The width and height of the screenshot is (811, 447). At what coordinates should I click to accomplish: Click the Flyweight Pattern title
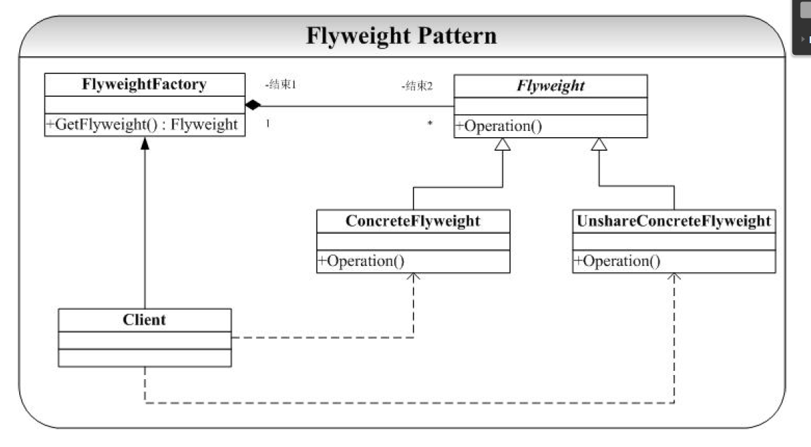point(401,36)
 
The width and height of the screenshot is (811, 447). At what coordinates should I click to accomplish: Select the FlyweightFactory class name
point(145,85)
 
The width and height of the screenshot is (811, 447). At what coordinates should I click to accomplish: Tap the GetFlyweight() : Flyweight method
point(142,125)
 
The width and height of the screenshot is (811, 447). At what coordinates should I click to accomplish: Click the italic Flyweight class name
point(551,86)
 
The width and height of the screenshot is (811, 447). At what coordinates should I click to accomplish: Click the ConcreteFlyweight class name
point(413,221)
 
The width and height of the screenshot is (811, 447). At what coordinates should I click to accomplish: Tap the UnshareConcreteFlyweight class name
point(674,221)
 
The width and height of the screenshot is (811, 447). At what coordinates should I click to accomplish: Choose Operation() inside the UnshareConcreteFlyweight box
point(617,261)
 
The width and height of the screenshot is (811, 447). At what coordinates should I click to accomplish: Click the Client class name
point(145,319)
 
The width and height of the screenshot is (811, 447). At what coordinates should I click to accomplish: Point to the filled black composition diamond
point(254,106)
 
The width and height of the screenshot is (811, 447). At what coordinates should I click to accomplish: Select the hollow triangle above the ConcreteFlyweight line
point(503,144)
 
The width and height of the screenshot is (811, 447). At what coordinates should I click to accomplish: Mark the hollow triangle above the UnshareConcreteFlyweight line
point(599,144)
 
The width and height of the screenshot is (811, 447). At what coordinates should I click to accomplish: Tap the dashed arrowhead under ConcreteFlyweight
point(413,278)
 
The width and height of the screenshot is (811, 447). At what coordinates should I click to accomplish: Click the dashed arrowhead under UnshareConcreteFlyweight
point(674,278)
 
